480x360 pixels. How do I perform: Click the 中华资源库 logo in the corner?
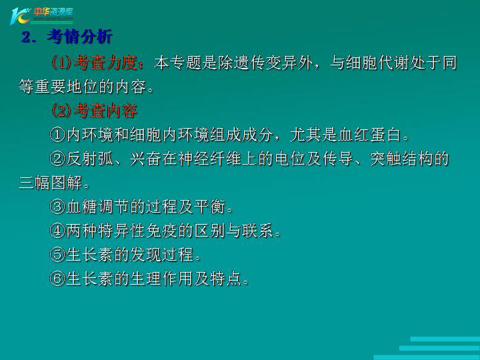(x=41, y=16)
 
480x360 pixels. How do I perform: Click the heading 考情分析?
(x=80, y=37)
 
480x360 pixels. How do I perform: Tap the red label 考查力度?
(x=105, y=63)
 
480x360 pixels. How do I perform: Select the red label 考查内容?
(x=105, y=111)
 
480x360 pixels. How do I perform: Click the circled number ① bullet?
(x=57, y=135)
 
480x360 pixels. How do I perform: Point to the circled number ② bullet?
(x=57, y=159)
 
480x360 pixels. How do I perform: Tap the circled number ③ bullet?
(x=57, y=207)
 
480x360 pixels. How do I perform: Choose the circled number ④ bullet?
(x=57, y=231)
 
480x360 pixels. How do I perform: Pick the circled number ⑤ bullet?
(x=57, y=255)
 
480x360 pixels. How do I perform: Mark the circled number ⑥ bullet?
(x=57, y=279)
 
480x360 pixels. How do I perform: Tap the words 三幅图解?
(x=50, y=183)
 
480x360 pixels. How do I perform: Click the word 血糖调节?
(x=97, y=207)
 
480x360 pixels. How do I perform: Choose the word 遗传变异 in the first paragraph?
(x=266, y=63)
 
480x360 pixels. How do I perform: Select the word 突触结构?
(x=401, y=159)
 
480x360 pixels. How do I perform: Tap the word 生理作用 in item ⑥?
(x=161, y=279)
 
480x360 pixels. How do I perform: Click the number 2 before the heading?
(x=26, y=37)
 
